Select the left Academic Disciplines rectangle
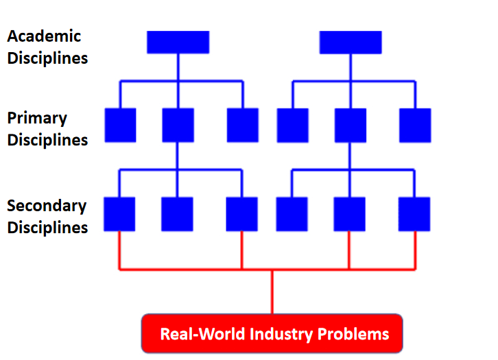tap(178, 42)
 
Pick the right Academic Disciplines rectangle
tap(351, 42)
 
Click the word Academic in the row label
tap(44, 36)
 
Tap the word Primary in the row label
tap(37, 118)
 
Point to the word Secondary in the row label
tap(47, 206)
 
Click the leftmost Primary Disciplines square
tap(120, 125)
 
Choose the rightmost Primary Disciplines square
tap(415, 125)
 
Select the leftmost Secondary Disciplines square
tap(119, 214)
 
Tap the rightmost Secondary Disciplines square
tap(414, 214)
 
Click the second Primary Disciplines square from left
tap(178, 125)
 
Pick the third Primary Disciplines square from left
tap(243, 125)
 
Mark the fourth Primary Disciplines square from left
tap(292, 125)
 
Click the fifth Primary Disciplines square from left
tap(350, 125)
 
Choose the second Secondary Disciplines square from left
tap(177, 214)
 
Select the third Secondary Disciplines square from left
tap(242, 214)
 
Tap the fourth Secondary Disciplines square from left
tap(292, 214)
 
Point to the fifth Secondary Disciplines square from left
tap(349, 214)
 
